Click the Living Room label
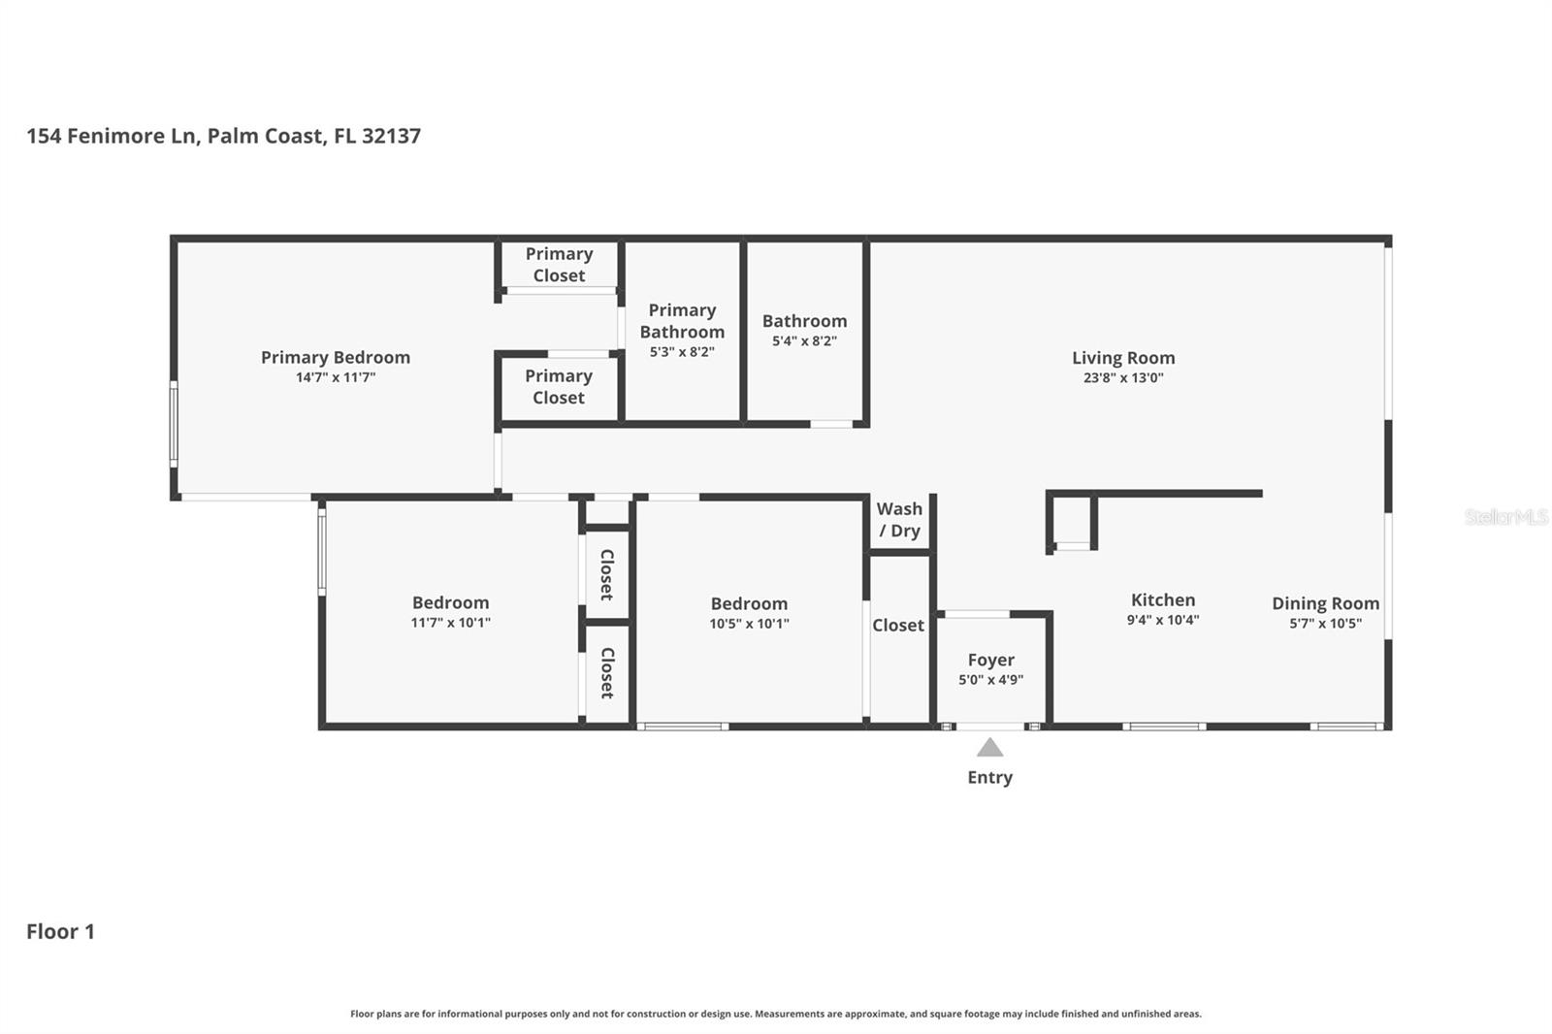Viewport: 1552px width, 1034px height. point(1122,358)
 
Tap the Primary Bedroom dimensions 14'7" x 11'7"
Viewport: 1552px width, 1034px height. point(336,377)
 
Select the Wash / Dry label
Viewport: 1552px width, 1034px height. point(899,519)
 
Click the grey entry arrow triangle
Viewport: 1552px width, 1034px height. point(989,748)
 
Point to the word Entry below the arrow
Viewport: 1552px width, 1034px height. point(989,777)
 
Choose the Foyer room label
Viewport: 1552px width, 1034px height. point(990,660)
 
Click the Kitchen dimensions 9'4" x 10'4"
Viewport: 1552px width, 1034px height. point(1162,620)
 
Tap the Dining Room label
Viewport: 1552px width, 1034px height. point(1325,603)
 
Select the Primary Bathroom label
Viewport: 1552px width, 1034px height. point(682,321)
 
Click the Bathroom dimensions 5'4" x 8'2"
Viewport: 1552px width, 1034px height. point(804,341)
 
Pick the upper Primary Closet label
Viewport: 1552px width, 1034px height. point(559,264)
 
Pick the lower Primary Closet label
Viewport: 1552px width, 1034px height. point(559,386)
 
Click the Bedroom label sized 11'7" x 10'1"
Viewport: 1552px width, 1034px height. point(450,602)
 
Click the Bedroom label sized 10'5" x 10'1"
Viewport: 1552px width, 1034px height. point(749,603)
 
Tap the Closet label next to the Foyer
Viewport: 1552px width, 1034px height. point(897,626)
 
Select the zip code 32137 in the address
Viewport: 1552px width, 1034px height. point(391,136)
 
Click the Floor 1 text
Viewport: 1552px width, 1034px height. point(60,931)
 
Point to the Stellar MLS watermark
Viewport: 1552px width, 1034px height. point(1505,517)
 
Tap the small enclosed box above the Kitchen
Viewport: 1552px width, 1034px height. point(1072,522)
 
